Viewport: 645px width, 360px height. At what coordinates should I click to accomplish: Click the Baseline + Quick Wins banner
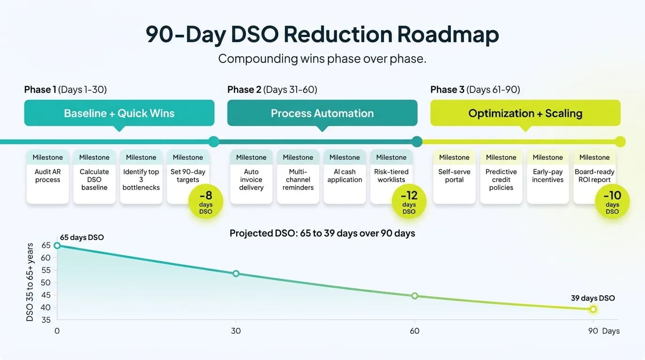click(119, 113)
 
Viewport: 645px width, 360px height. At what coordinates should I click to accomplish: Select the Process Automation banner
click(322, 113)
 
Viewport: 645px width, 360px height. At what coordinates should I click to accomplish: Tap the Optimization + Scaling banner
click(525, 113)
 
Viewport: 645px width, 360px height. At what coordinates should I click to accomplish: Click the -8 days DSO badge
click(205, 202)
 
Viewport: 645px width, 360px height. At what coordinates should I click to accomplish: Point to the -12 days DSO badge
click(409, 202)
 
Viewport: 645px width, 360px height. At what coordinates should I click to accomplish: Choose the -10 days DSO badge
click(612, 202)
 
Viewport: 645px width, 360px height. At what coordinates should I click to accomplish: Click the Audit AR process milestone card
click(48, 176)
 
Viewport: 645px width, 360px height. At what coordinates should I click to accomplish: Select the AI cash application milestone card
click(345, 176)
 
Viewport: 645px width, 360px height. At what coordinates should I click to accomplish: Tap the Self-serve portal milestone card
click(454, 176)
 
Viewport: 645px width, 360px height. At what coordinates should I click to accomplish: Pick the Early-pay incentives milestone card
click(547, 176)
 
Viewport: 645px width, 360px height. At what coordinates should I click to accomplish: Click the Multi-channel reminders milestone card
click(298, 176)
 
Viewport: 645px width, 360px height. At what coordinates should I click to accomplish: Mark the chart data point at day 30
click(236, 273)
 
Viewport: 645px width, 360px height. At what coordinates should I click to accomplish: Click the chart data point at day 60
click(414, 296)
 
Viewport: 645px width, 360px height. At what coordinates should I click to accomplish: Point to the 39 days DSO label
click(592, 298)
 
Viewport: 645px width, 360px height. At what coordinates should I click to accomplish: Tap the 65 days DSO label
click(82, 238)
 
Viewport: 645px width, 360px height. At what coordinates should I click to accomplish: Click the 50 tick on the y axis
click(46, 283)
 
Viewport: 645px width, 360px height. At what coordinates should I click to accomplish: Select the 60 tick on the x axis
click(414, 331)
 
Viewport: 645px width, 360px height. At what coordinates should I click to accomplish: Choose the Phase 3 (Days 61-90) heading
click(475, 90)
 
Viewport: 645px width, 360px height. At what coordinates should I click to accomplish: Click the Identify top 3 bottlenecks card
click(141, 176)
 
